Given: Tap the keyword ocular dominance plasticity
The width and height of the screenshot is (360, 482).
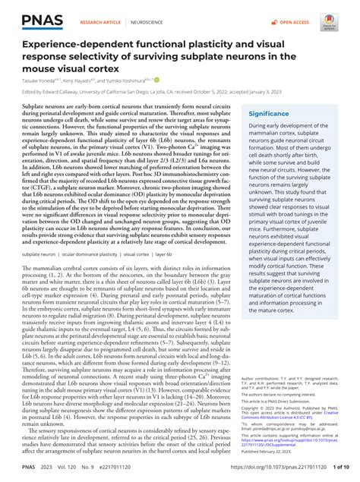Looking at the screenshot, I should pyautogui.click(x=86, y=254).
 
